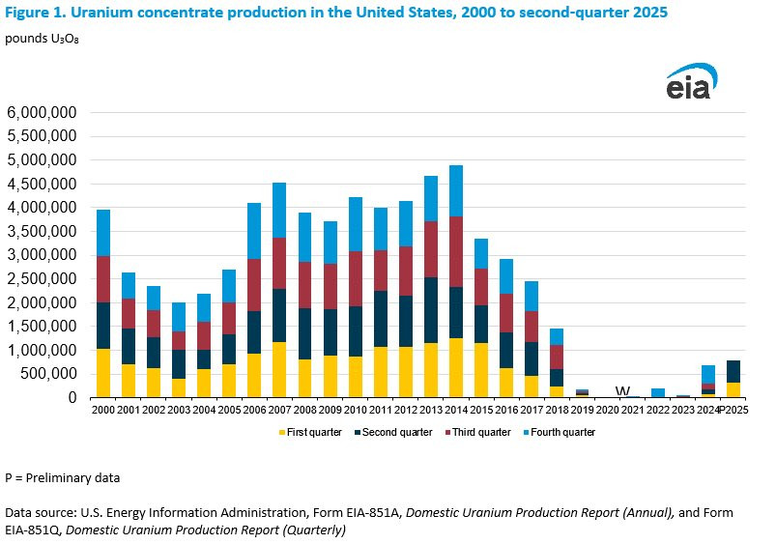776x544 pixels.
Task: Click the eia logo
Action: click(x=691, y=81)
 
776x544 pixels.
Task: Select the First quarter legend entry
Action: click(x=310, y=432)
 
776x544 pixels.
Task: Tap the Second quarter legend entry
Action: click(x=393, y=432)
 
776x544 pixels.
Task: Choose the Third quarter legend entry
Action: click(x=477, y=432)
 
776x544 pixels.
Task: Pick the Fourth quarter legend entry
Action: click(x=560, y=432)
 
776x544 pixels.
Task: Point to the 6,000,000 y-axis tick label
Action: click(x=43, y=112)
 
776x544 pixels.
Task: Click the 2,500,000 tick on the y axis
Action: click(x=43, y=278)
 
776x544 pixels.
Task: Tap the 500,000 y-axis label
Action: click(x=48, y=374)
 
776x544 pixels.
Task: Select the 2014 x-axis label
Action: click(x=456, y=410)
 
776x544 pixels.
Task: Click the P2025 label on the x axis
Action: click(x=733, y=410)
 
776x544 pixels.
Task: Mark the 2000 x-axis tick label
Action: click(x=103, y=410)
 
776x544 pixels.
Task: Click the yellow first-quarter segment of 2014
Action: click(x=456, y=368)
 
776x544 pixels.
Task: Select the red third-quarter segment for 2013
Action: click(x=431, y=249)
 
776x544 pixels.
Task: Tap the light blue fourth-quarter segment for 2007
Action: click(x=279, y=211)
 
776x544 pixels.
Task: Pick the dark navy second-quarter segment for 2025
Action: click(x=733, y=372)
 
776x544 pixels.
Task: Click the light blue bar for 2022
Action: click(x=658, y=393)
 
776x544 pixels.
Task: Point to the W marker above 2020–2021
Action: click(x=622, y=391)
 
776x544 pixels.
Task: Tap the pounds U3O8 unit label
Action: click(x=42, y=39)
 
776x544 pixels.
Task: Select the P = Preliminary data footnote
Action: click(x=63, y=478)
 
